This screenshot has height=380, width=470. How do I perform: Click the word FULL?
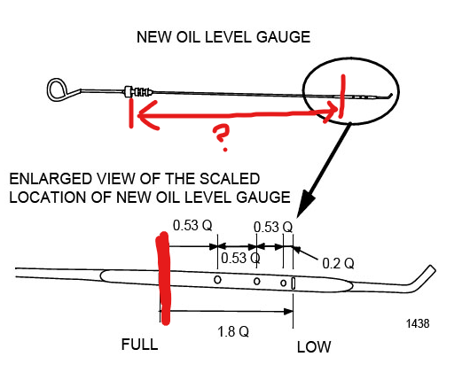point(139,345)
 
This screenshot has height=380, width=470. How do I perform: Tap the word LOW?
point(314,347)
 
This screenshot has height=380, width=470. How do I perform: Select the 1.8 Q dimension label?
point(233,331)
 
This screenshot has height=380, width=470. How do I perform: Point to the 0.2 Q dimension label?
point(338,263)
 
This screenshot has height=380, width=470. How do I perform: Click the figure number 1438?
point(418,323)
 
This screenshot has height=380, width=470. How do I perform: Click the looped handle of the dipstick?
point(56,89)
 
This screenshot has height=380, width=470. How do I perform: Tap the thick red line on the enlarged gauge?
point(164,278)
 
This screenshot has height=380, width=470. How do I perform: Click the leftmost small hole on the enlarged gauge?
point(217,280)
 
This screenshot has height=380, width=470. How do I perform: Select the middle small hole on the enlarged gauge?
point(257,281)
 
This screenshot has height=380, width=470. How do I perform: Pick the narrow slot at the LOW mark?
point(293,283)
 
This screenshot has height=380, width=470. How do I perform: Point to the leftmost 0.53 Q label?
point(192,225)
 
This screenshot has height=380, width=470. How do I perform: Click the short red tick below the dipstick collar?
point(131,113)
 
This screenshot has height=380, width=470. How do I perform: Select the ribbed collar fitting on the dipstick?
point(138,91)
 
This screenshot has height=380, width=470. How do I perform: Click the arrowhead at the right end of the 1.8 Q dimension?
point(288,312)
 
